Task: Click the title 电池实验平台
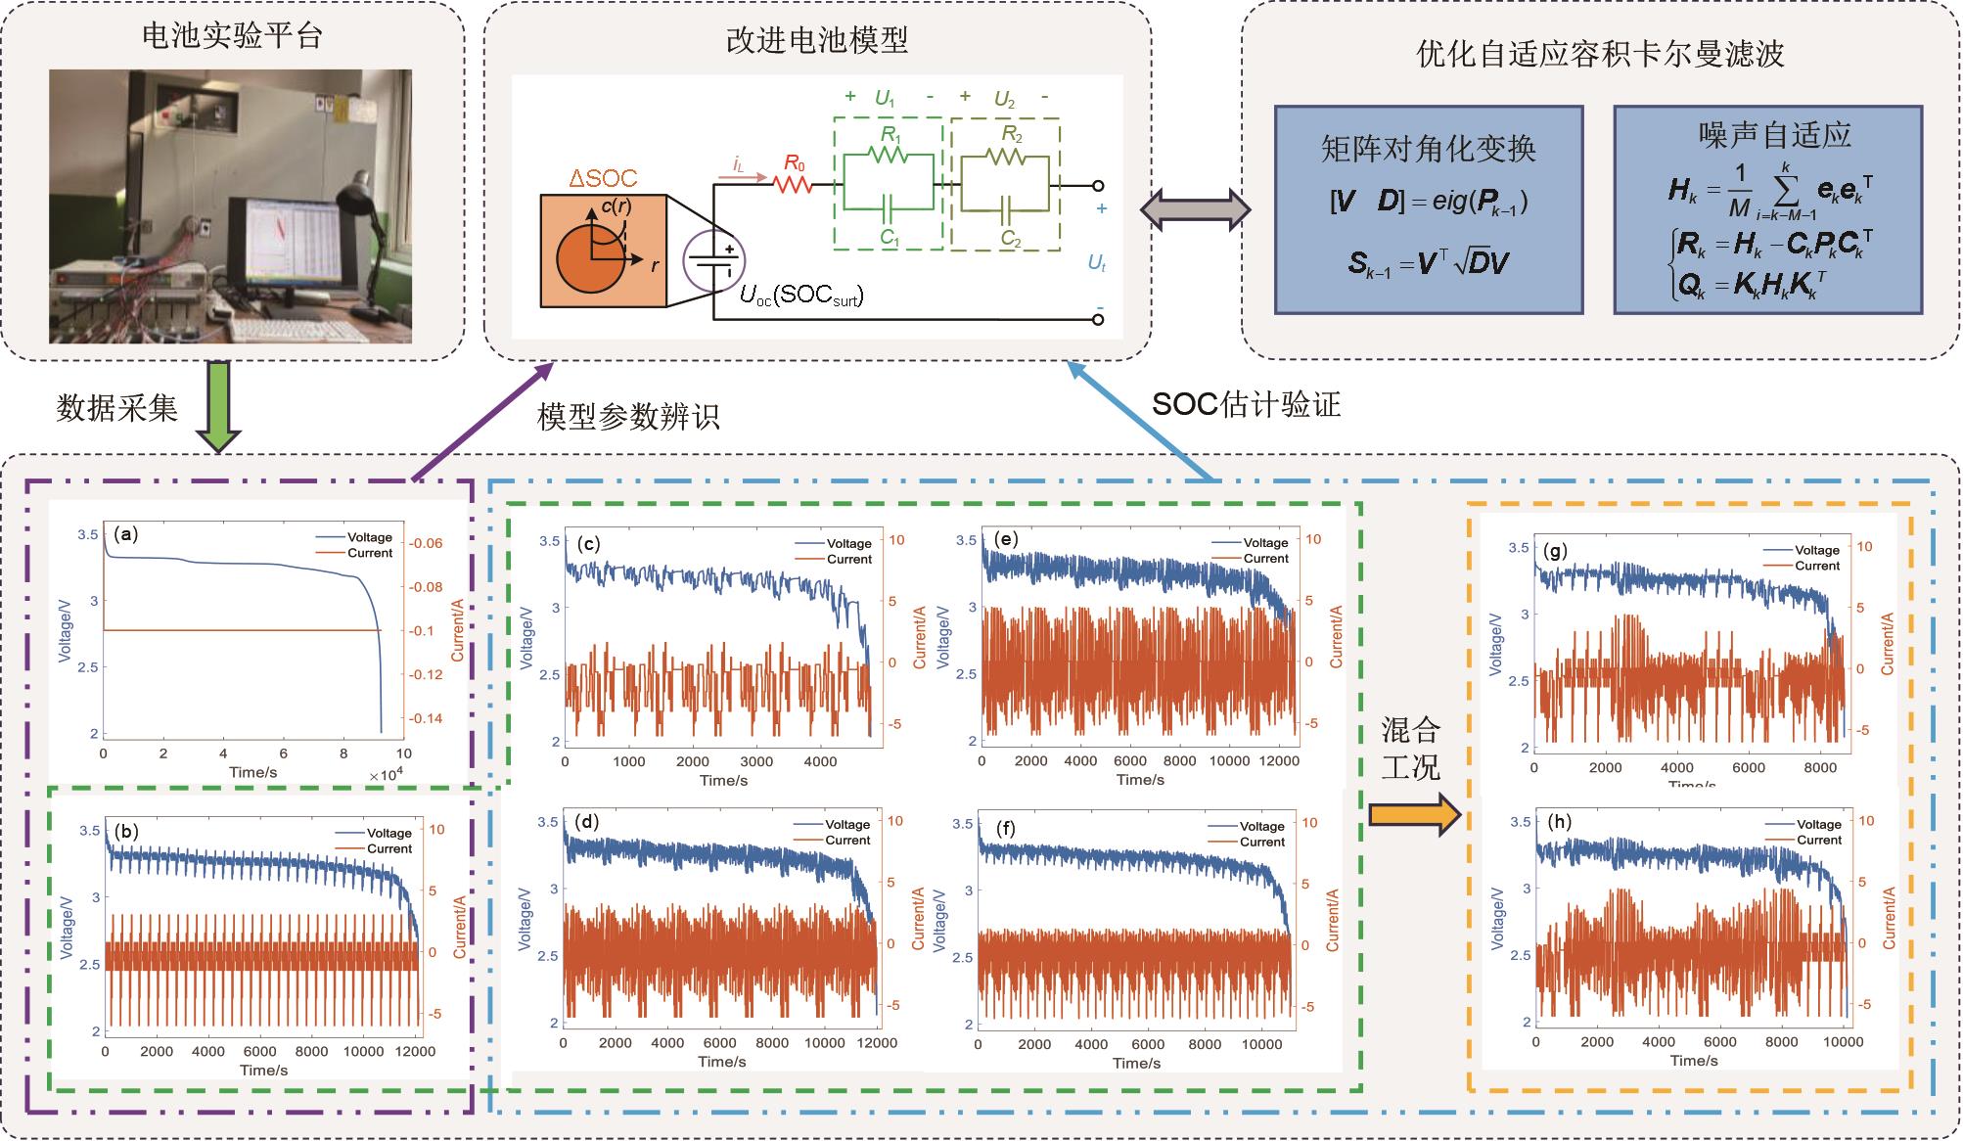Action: [x=232, y=36]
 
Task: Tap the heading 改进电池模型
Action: [x=816, y=40]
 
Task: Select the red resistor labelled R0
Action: [x=794, y=183]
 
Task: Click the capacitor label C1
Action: [x=889, y=236]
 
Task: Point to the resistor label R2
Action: [x=1011, y=134]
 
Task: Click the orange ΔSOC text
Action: [x=603, y=179]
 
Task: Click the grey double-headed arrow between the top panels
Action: [x=1196, y=209]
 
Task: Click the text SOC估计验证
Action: [x=1246, y=404]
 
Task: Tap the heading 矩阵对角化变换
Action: [x=1428, y=149]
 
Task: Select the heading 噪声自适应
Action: [x=1767, y=135]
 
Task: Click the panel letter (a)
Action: [x=126, y=534]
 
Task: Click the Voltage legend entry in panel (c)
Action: [x=848, y=543]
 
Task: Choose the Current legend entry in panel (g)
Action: [x=1817, y=566]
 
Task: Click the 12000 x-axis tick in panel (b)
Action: [x=416, y=1052]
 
